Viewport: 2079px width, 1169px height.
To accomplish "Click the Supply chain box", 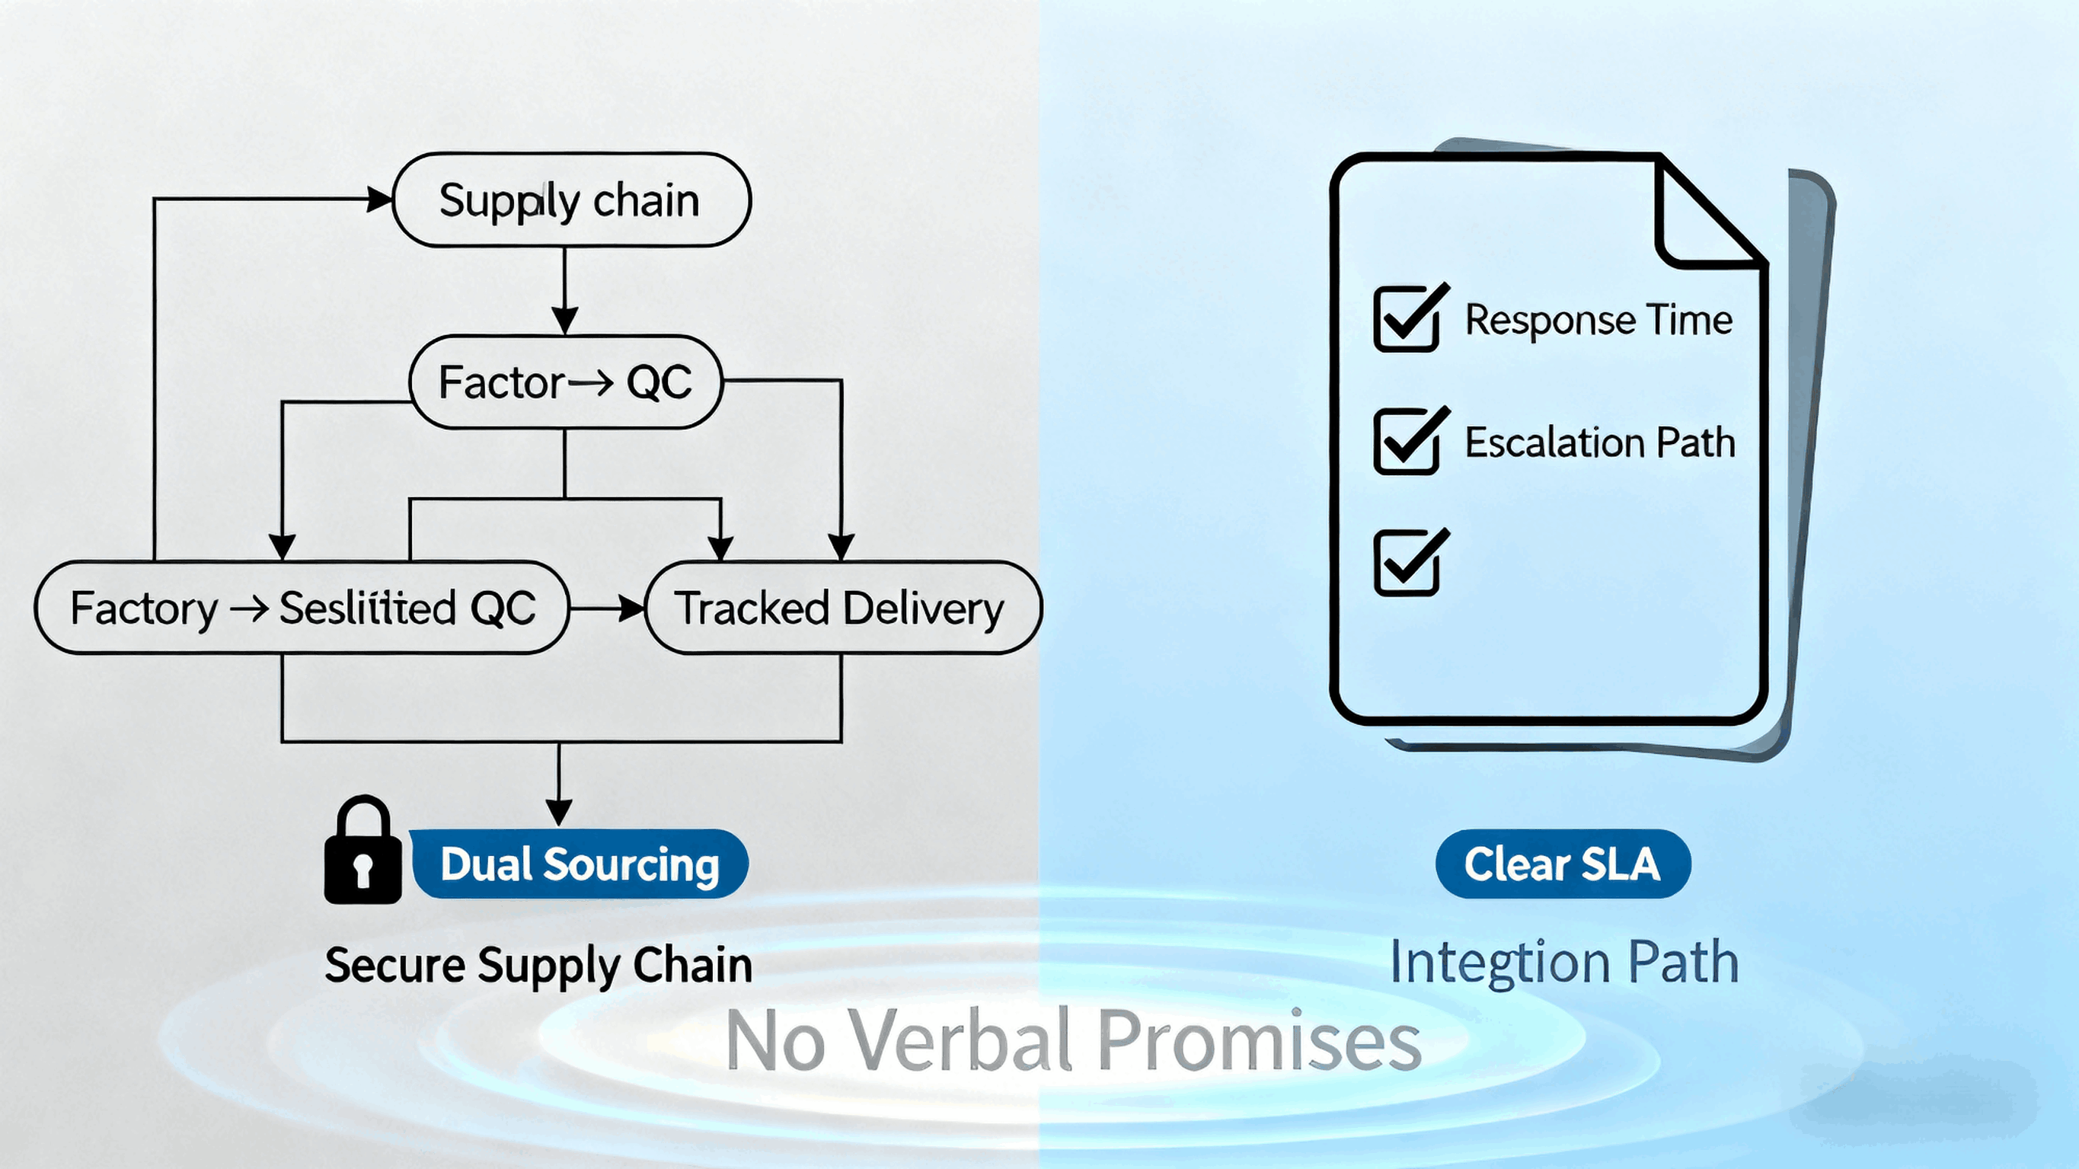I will pyautogui.click(x=571, y=200).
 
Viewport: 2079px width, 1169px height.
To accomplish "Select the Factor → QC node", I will pyautogui.click(x=566, y=382).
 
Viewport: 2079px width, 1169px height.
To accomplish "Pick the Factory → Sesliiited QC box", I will pyautogui.click(x=302, y=608).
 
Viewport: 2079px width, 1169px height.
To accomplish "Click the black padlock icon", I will pyautogui.click(x=363, y=851).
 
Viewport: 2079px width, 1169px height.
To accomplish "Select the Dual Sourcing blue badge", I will pyautogui.click(x=580, y=864).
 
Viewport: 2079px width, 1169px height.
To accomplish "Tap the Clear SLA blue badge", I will pyautogui.click(x=1563, y=864).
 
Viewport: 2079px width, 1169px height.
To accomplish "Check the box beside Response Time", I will pyautogui.click(x=1407, y=319).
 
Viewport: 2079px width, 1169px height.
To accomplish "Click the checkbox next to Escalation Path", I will pyautogui.click(x=1407, y=441).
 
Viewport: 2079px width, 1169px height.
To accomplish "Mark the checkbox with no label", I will pyautogui.click(x=1407, y=563).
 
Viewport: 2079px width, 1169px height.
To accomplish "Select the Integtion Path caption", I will pyautogui.click(x=1564, y=963).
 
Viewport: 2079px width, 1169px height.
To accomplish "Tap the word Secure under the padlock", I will pyautogui.click(x=394, y=966).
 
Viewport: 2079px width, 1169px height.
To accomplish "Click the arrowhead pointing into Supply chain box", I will pyautogui.click(x=379, y=199).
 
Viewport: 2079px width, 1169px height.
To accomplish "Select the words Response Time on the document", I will pyautogui.click(x=1598, y=320).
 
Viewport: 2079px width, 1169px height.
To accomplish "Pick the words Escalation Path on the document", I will pyautogui.click(x=1599, y=442).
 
